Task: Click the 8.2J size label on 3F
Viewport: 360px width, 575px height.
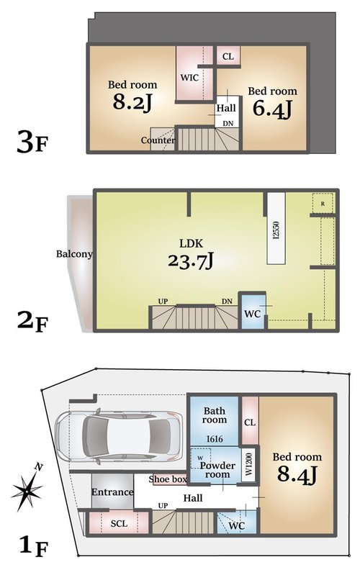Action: point(132,101)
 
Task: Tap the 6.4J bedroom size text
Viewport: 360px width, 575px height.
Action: point(272,108)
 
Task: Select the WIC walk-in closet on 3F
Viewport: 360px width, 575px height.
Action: point(194,73)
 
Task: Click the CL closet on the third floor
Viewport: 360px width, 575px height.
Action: point(228,55)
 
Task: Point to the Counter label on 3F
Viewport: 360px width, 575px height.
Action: point(158,140)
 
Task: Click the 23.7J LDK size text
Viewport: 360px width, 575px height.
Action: point(191,261)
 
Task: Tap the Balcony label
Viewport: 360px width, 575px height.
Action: point(74,254)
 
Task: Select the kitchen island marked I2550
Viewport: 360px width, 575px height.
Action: point(276,228)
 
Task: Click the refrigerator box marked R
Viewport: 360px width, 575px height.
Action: point(323,203)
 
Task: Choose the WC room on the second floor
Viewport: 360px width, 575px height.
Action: point(252,311)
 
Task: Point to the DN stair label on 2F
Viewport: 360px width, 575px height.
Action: point(227,301)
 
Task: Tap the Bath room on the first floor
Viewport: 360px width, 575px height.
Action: point(215,420)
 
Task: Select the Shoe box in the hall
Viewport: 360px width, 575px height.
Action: point(168,479)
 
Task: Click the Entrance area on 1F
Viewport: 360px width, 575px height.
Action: point(112,492)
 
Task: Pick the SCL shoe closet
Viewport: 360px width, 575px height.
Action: point(119,523)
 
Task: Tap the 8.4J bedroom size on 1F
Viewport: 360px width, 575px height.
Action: point(297,474)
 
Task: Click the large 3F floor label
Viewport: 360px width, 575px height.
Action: point(32,142)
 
